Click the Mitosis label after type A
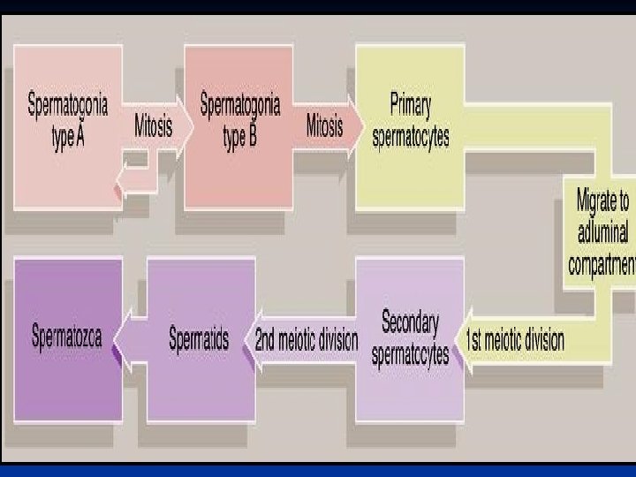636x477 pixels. click(153, 125)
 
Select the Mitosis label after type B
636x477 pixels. click(324, 125)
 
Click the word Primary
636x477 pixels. click(410, 107)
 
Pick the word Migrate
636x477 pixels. click(602, 201)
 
